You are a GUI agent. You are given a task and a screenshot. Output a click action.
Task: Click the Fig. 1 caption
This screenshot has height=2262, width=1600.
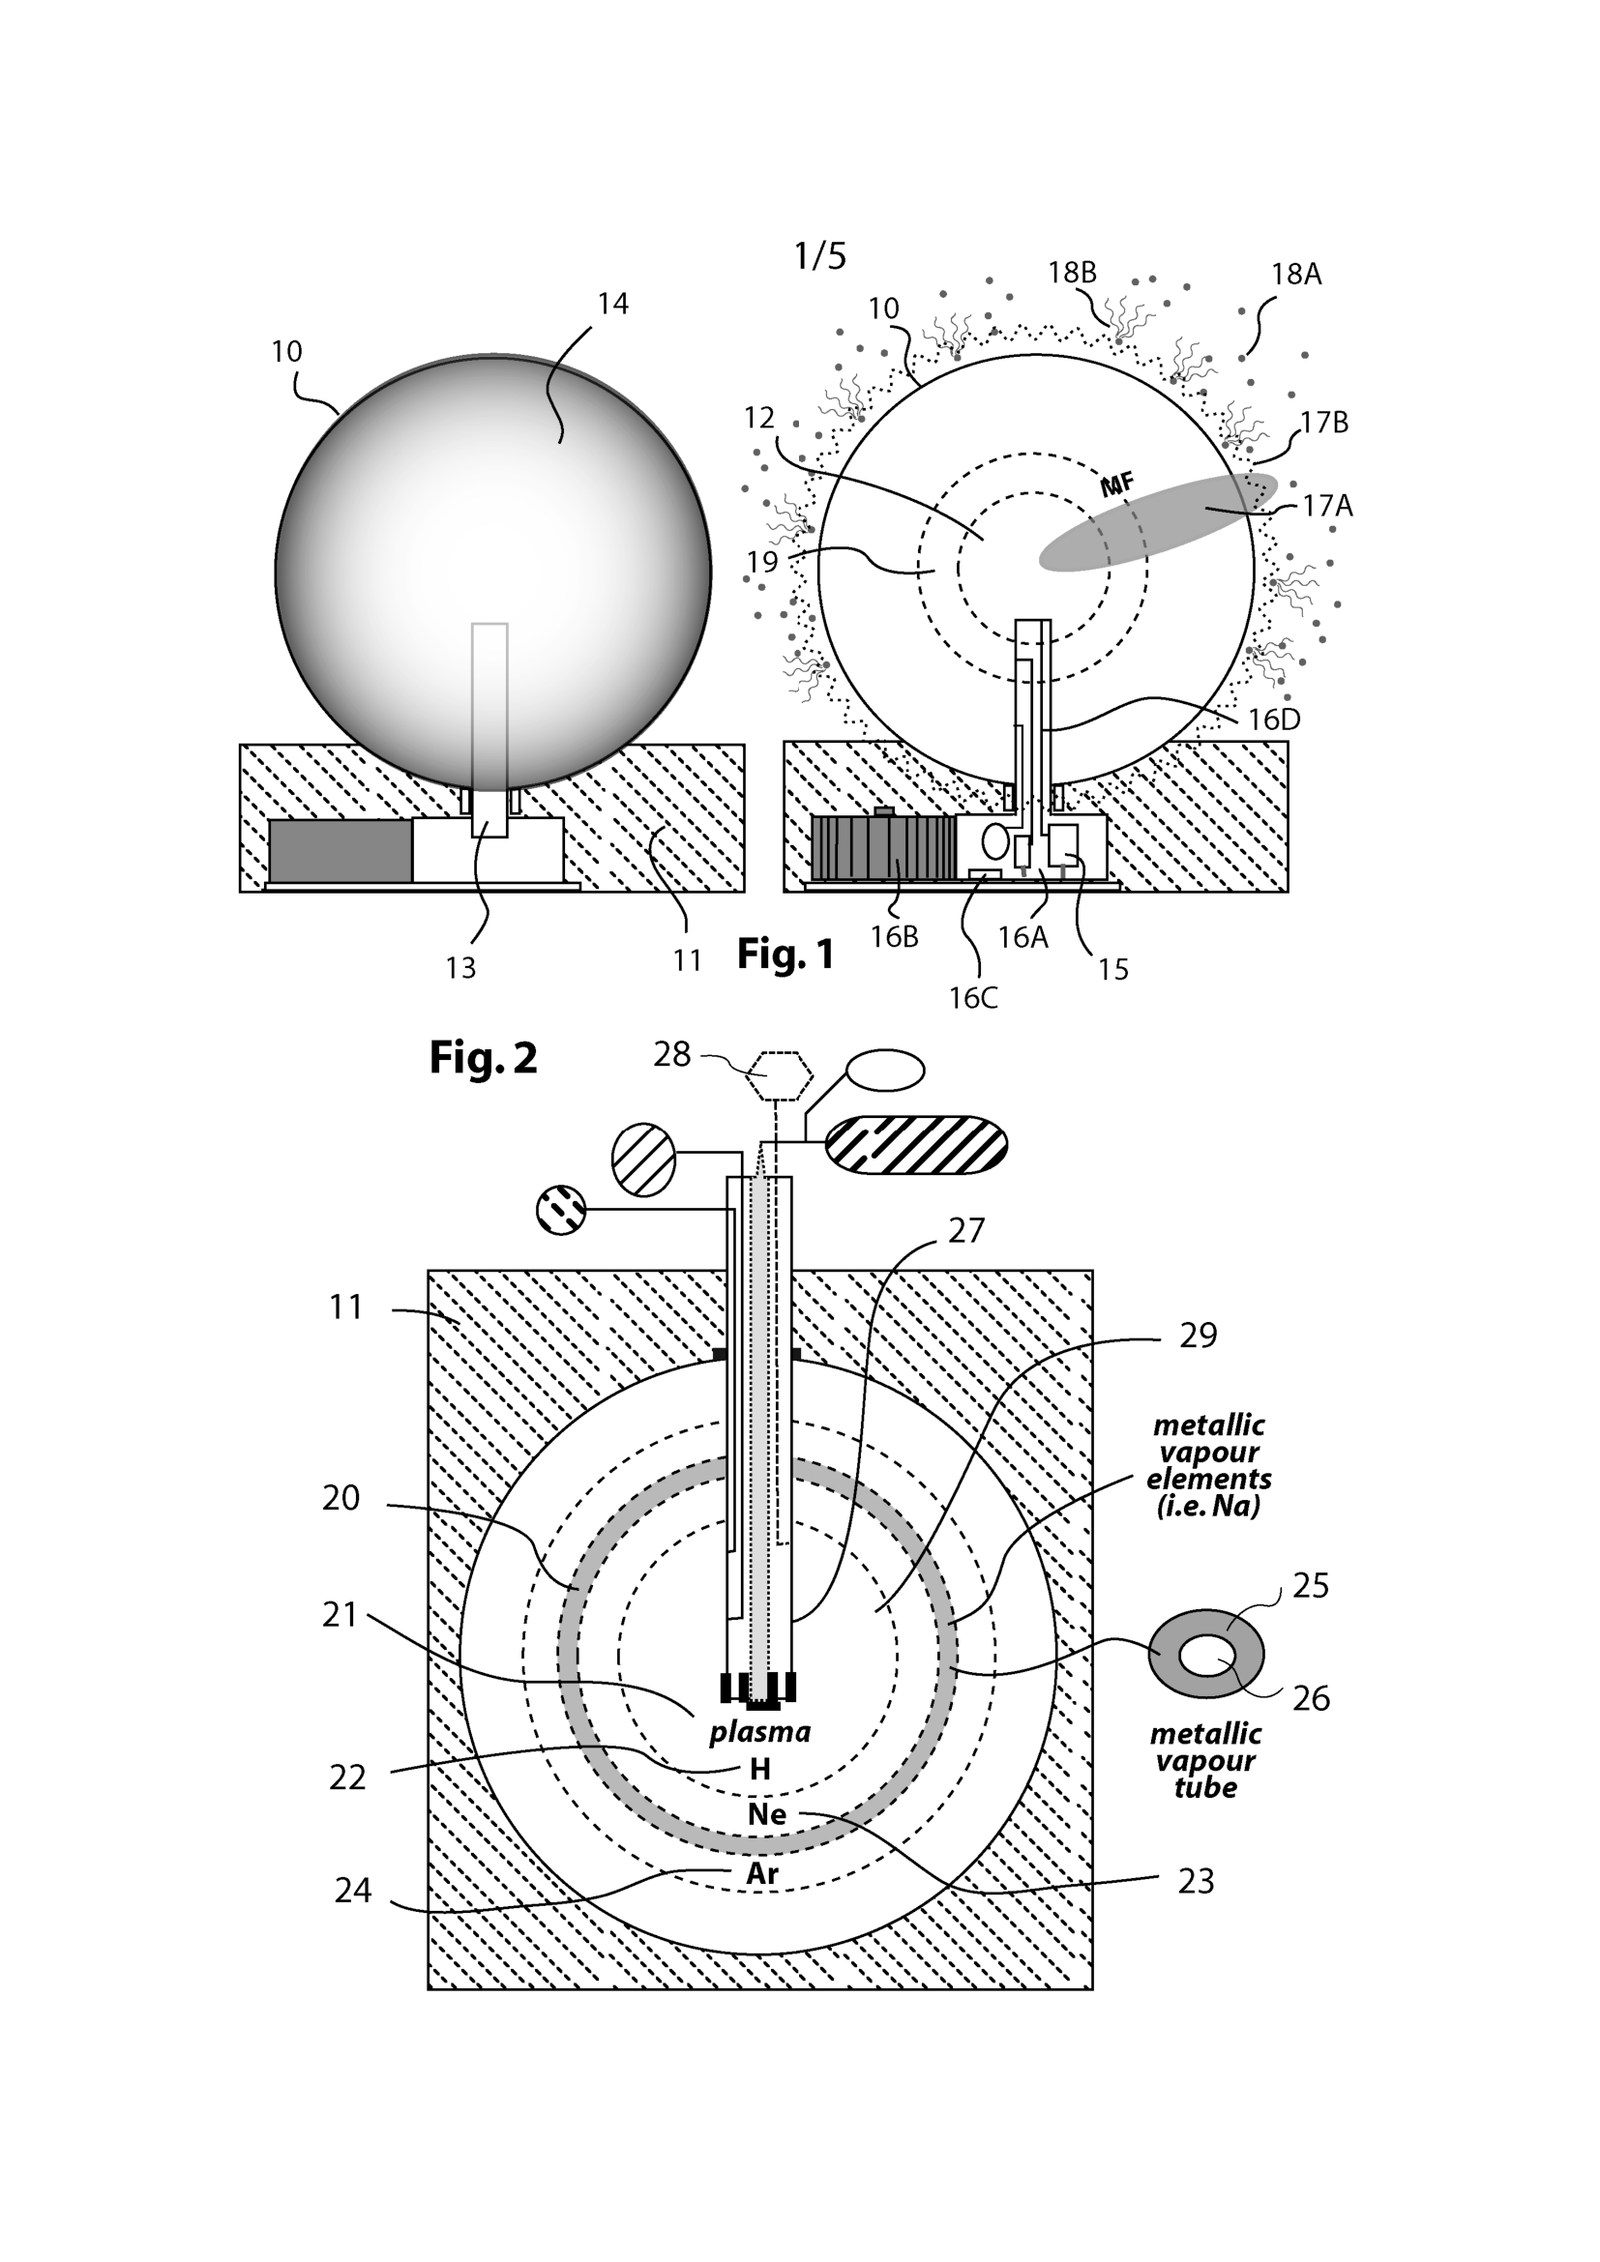[785, 954]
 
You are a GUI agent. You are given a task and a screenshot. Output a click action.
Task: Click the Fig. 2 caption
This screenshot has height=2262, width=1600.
[483, 1058]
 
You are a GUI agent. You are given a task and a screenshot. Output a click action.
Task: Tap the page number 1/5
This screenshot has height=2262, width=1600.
[819, 256]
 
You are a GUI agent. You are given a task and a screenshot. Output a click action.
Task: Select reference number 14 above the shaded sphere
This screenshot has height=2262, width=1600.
[612, 304]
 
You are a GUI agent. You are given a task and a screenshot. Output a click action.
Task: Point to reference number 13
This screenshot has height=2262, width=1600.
[460, 968]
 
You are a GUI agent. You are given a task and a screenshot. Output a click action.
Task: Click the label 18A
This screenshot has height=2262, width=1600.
[1295, 274]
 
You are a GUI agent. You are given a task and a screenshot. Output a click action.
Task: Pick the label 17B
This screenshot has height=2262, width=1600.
[1323, 423]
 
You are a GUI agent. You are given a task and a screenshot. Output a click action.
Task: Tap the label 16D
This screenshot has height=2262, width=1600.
[1274, 720]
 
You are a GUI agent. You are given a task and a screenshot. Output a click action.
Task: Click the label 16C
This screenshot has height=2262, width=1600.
[973, 998]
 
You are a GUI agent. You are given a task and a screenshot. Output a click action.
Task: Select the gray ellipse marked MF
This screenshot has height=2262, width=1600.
[1159, 521]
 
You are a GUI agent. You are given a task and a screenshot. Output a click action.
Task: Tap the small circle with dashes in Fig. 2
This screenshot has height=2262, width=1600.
[561, 1210]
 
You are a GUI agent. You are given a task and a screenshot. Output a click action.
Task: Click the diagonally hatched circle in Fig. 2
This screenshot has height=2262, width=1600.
[643, 1160]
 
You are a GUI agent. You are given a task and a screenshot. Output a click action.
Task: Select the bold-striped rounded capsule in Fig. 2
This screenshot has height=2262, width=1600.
[915, 1145]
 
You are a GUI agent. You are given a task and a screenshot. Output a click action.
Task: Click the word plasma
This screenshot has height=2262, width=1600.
[759, 1731]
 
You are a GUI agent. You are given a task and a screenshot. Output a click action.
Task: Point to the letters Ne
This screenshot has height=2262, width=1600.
[766, 1814]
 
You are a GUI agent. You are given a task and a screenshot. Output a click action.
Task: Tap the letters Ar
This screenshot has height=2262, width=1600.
[762, 1874]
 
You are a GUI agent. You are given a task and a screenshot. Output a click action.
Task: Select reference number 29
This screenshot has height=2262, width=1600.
[1198, 1335]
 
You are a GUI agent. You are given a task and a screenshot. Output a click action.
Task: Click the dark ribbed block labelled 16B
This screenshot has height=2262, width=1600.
[883, 846]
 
